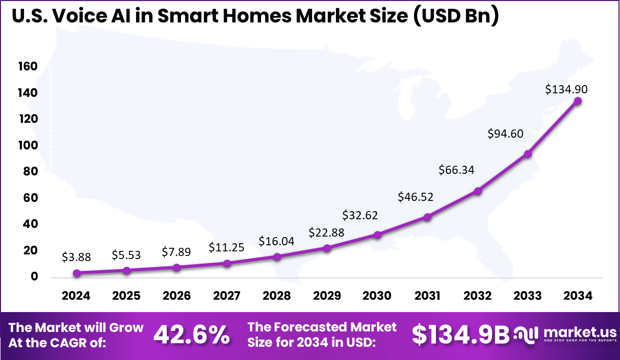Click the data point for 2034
pyautogui.click(x=578, y=101)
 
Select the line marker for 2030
pyautogui.click(x=377, y=235)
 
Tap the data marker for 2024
pyautogui.click(x=76, y=273)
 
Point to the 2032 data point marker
pyautogui.click(x=478, y=191)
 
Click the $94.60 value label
pyautogui.click(x=506, y=134)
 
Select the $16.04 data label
pyautogui.click(x=276, y=241)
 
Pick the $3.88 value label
pyautogui.click(x=76, y=257)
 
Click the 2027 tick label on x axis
pyautogui.click(x=227, y=296)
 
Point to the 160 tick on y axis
pyautogui.click(x=29, y=66)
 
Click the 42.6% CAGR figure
pyautogui.click(x=191, y=335)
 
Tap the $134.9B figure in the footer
pyautogui.click(x=460, y=335)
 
